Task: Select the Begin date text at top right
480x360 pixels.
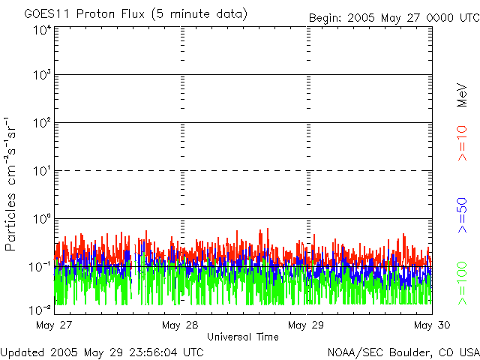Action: click(x=393, y=17)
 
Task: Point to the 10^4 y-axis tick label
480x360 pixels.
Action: click(x=41, y=31)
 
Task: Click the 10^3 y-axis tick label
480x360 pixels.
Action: click(x=41, y=76)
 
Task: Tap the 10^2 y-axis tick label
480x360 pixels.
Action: click(x=41, y=124)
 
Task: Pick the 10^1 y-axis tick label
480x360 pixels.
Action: click(x=41, y=172)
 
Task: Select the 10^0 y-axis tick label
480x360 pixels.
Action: click(x=41, y=220)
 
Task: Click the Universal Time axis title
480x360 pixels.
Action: click(x=242, y=337)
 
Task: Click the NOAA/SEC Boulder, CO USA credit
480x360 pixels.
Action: click(x=403, y=352)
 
